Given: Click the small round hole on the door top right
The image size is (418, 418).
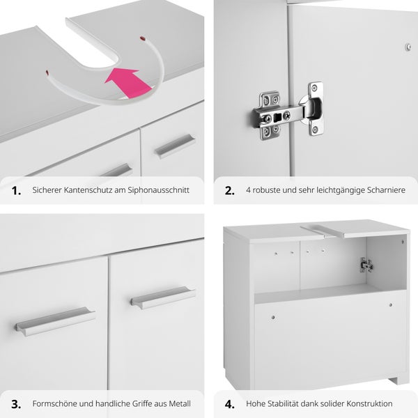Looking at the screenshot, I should pos(408,47).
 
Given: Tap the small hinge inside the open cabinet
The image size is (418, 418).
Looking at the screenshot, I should pos(366,265).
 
